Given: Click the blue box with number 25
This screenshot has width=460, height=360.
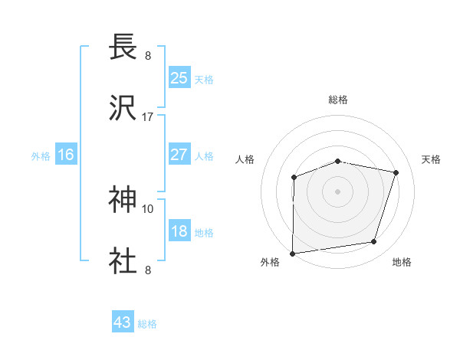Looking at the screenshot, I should coord(179,77).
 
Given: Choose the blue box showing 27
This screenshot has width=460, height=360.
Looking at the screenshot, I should coord(179,154).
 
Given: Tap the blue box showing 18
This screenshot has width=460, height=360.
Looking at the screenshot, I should coord(179,231).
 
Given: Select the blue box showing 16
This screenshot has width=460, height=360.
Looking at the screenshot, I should coord(66,155).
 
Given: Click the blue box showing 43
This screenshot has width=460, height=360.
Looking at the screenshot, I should coord(123,322).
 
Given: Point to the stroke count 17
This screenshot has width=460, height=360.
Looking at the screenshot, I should coord(148,117).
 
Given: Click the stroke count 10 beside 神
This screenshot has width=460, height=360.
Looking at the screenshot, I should coord(148,208).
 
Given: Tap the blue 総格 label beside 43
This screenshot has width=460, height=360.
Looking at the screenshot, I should coord(147,324).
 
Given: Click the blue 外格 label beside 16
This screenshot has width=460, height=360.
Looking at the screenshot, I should coord(41,156).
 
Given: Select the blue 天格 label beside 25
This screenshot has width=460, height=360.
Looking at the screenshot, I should coord(204,79).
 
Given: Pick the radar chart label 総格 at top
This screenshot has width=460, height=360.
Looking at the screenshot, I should coord(337,100).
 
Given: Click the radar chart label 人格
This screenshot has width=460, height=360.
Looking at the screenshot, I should coord(245,159).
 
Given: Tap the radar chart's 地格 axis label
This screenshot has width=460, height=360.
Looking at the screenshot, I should coord(402,262).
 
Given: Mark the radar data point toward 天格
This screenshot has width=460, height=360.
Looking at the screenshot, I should coord(396,172).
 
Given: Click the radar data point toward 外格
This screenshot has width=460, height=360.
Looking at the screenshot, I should coord(293,254).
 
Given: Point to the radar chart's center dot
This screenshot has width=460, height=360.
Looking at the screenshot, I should coord(337,191).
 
